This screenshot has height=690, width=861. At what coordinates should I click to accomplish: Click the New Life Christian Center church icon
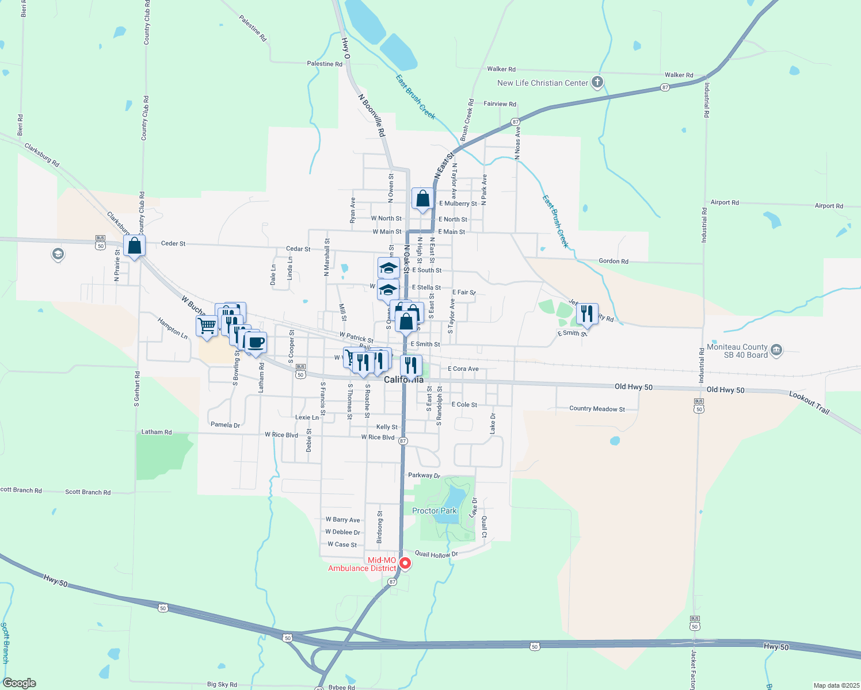coord(597,82)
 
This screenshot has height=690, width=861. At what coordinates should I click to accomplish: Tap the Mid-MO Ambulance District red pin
coord(405,563)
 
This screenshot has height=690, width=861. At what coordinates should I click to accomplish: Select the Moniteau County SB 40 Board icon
coord(776,350)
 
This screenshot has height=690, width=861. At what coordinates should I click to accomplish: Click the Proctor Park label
coord(434,511)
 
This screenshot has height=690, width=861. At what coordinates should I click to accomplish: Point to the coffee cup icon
coord(256,343)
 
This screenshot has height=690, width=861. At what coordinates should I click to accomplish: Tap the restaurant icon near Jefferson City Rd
coord(587,314)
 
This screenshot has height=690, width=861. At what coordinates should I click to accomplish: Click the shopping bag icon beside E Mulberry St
coord(422,199)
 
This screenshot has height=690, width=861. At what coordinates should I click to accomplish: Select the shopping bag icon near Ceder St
coord(134,246)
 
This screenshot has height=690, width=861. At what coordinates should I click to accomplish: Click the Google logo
coord(19,683)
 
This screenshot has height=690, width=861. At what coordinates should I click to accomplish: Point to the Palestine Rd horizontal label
coord(325,64)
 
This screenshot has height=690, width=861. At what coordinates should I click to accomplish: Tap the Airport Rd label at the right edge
coord(829,206)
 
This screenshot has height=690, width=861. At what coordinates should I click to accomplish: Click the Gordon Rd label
coord(614,261)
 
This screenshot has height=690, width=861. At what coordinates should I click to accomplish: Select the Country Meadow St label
coord(597,409)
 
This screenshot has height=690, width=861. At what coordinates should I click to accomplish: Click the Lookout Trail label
coord(809,402)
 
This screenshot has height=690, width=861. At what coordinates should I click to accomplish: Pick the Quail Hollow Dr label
coord(436,554)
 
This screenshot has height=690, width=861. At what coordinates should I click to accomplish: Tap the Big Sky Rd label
coord(222,685)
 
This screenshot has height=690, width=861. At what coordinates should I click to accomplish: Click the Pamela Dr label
coord(225,425)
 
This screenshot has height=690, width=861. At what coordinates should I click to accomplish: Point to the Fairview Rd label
coord(500,104)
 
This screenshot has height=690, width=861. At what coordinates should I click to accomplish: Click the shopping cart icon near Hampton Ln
coord(207,325)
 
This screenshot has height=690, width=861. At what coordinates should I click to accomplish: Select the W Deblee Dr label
coord(342,532)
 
